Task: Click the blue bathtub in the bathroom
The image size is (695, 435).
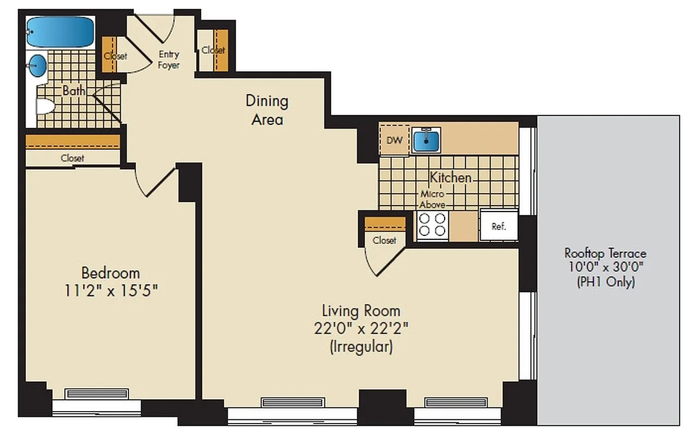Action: (60, 32)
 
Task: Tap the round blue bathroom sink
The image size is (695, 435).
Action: (37, 66)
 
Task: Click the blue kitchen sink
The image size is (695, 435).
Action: (426, 140)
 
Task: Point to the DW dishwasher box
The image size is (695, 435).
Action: (394, 140)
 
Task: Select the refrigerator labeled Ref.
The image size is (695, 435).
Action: (499, 226)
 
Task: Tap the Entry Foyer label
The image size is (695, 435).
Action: (169, 60)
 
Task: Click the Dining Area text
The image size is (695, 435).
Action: (267, 110)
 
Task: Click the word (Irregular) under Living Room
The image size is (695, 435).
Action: (361, 347)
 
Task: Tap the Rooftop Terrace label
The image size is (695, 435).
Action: (605, 253)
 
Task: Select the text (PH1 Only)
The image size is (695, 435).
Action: (605, 282)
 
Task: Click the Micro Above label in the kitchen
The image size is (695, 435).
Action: (432, 200)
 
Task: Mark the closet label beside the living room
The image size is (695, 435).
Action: (384, 240)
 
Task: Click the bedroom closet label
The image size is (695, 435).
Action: (72, 158)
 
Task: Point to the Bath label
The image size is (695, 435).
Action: (73, 91)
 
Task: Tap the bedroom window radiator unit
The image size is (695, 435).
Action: (97, 394)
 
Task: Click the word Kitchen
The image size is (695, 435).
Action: (451, 177)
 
